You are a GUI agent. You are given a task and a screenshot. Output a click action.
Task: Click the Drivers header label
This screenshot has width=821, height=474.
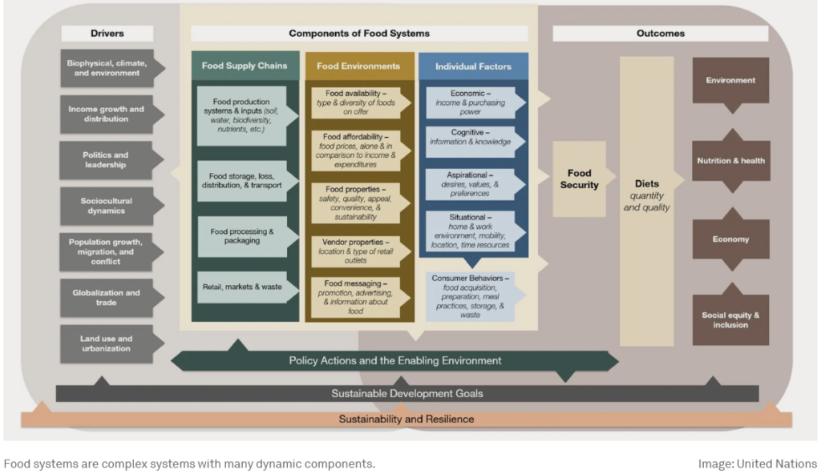coord(107,34)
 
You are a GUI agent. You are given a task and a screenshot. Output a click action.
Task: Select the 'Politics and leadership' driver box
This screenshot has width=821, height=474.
coord(105,160)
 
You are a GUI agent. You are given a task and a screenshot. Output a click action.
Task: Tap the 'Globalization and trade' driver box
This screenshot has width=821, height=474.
coord(105,298)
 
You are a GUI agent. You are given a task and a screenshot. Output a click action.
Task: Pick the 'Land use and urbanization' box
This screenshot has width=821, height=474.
coord(105,343)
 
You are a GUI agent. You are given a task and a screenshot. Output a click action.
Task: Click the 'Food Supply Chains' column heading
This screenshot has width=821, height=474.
coord(245,66)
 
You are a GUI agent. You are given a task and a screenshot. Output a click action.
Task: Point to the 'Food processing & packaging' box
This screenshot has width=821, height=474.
coord(241,236)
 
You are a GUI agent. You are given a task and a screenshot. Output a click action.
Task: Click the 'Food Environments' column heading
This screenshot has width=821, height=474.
coord(358,66)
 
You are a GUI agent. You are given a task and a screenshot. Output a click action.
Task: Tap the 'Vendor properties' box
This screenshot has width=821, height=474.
coord(357,251)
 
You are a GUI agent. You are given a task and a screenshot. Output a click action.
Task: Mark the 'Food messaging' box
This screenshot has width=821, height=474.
coord(355,297)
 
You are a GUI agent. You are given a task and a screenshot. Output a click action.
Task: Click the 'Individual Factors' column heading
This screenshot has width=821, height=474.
coord(473,66)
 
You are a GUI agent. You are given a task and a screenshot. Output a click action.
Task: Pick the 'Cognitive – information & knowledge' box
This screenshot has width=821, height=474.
coord(470,138)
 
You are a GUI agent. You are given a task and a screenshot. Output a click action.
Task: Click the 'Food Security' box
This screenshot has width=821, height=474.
coord(580,179)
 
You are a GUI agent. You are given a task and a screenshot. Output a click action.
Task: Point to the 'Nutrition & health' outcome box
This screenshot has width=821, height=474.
coord(730,161)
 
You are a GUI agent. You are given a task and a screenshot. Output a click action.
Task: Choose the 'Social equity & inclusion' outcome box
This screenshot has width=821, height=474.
coord(730,320)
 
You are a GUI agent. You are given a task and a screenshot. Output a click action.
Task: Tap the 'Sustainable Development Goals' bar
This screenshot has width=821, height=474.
coord(407,394)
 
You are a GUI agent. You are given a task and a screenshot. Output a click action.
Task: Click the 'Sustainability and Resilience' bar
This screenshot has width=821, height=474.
coord(406,419)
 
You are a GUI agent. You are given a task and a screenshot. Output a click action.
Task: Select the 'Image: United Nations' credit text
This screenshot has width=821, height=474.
coord(757,464)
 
